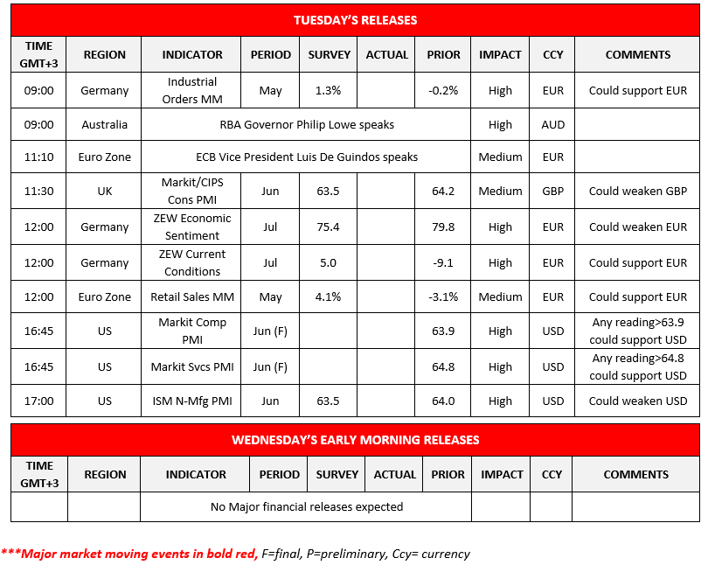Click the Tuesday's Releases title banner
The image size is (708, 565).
(355, 19)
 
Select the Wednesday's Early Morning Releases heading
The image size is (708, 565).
(355, 440)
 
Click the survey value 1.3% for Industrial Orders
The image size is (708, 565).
(329, 90)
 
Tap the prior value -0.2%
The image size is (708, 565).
(444, 90)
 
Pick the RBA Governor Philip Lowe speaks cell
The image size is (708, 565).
(307, 124)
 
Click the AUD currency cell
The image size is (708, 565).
(552, 124)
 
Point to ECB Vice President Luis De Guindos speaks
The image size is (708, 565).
(307, 157)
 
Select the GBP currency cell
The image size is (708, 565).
(552, 192)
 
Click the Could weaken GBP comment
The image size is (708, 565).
(638, 192)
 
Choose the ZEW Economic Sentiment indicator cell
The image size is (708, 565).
(192, 227)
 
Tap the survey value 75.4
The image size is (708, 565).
(329, 227)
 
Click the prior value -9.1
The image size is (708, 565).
(444, 262)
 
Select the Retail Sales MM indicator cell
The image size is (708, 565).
(192, 296)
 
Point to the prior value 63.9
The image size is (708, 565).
(444, 331)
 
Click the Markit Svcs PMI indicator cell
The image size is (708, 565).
(192, 366)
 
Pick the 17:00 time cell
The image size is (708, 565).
(38, 401)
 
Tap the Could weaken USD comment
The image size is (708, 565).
(638, 401)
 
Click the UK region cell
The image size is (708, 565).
(104, 192)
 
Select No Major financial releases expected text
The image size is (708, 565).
(307, 506)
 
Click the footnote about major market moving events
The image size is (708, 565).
(236, 554)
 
